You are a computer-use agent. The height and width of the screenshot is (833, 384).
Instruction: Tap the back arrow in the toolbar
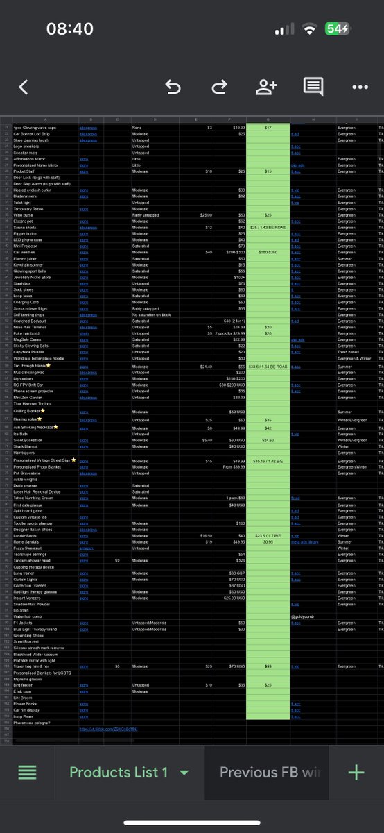[x=24, y=87]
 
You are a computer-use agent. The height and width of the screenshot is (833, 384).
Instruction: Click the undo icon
[x=173, y=87]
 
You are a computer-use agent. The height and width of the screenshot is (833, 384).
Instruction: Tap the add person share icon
[x=266, y=87]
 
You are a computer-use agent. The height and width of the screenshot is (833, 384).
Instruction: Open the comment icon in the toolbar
[x=313, y=87]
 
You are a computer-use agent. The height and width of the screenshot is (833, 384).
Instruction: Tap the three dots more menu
[x=360, y=87]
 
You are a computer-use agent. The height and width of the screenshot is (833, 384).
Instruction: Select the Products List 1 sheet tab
[x=119, y=773]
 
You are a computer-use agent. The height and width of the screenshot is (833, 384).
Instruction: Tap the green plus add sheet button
[x=356, y=773]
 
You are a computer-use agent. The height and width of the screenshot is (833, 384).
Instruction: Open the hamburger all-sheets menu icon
[x=28, y=773]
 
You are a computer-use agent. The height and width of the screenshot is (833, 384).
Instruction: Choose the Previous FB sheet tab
[x=270, y=773]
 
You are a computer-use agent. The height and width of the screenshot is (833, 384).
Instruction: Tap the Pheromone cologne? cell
[x=32, y=723]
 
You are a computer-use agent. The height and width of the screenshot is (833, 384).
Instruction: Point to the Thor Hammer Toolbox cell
[x=33, y=403]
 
